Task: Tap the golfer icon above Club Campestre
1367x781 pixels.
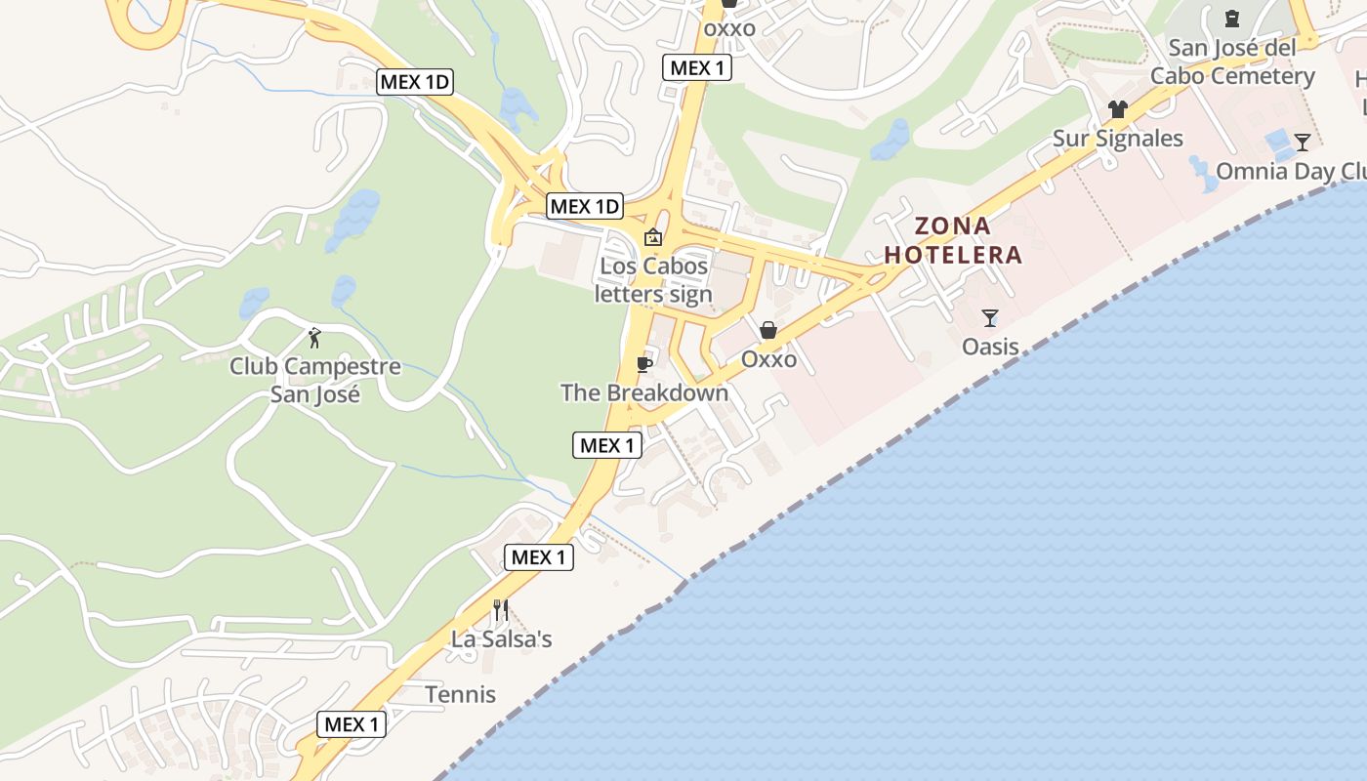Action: (x=314, y=339)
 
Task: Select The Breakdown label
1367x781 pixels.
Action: (x=644, y=392)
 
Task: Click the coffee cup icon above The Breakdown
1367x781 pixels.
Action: (x=643, y=364)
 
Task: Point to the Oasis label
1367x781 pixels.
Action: (x=990, y=347)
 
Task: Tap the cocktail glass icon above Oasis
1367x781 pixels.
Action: (x=990, y=318)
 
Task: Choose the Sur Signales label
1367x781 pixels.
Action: (x=1118, y=139)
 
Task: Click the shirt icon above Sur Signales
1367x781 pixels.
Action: (x=1118, y=109)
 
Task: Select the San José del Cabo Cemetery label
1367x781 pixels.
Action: (x=1232, y=62)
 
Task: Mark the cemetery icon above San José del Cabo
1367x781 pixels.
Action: (x=1231, y=19)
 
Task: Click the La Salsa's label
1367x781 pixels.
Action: (x=501, y=639)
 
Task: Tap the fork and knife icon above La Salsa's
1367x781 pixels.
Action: (x=501, y=610)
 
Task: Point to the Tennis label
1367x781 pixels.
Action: (x=461, y=695)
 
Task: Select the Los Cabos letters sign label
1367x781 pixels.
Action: (x=653, y=280)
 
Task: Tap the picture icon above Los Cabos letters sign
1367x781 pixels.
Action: (x=653, y=237)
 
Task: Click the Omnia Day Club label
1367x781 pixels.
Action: (x=1289, y=172)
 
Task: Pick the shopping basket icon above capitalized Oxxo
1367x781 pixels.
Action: (x=768, y=331)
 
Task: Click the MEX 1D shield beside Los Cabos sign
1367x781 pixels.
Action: (x=584, y=206)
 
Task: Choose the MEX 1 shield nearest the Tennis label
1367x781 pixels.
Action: (x=352, y=724)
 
